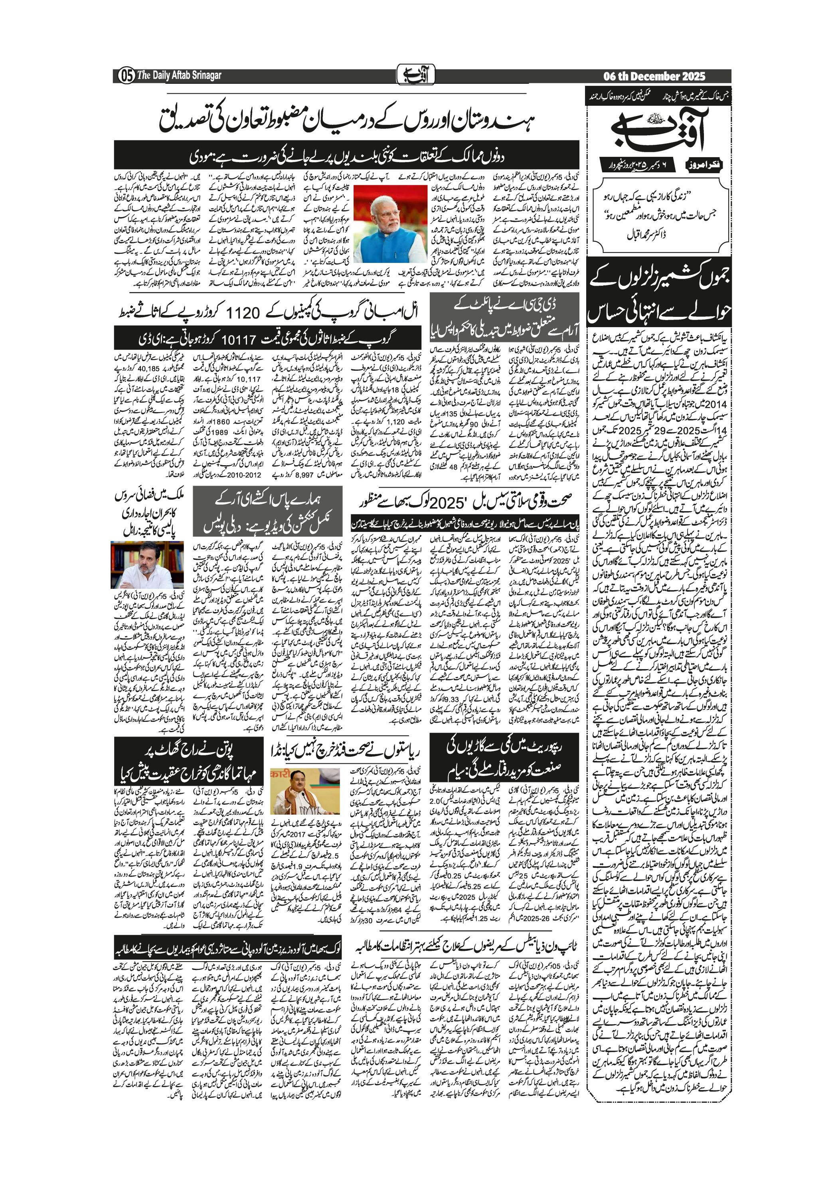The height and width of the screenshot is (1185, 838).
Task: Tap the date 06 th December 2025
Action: [x=654, y=76]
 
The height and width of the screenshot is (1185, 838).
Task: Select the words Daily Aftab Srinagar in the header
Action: [x=186, y=76]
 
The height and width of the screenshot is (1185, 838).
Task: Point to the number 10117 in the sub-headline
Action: [x=239, y=340]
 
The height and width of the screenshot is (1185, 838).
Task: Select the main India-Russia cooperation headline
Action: [x=347, y=121]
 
